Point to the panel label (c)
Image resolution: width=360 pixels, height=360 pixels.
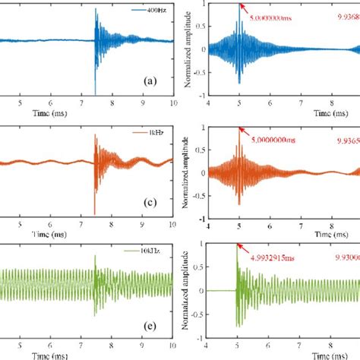(x=150, y=202)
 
